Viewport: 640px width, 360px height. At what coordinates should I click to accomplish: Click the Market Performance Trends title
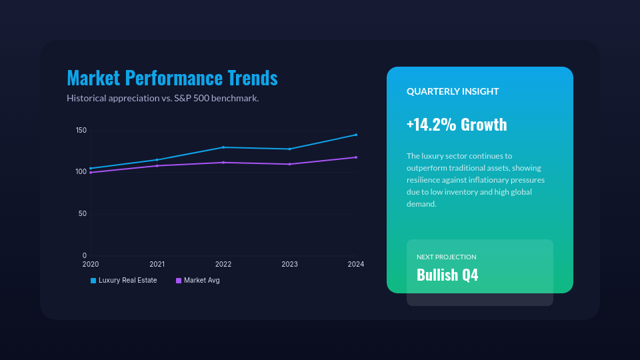172,78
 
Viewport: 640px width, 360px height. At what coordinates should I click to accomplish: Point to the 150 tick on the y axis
81,130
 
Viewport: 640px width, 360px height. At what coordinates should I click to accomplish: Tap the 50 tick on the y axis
83,214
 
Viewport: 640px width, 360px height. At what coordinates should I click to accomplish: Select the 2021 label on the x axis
157,265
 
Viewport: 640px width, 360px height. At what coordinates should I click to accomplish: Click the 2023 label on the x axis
289,265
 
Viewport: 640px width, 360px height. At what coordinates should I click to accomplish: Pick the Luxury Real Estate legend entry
124,281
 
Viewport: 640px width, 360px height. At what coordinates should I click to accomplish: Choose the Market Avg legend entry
198,281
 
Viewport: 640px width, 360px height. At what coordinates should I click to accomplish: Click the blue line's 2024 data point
356,135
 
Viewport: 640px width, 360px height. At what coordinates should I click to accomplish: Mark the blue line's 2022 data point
223,147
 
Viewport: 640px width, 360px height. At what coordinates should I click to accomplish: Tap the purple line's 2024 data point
356,157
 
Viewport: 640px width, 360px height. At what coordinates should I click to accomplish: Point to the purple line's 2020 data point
91,173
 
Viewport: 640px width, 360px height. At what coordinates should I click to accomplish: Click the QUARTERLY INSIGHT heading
453,91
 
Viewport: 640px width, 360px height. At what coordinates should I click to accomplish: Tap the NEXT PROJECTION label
447,257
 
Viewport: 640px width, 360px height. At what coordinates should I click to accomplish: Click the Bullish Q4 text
447,275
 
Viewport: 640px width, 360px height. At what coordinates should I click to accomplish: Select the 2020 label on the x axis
91,265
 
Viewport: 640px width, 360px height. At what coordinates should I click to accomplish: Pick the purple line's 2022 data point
223,163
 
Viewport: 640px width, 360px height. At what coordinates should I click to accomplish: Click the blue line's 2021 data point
157,160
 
